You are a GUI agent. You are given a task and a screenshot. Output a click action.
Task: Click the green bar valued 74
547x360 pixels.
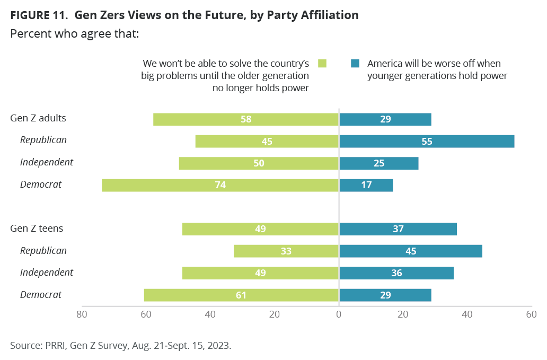(220, 185)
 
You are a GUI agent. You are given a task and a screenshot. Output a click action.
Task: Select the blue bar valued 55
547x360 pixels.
(427, 141)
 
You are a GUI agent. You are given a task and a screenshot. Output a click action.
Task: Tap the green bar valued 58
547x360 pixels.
(245, 119)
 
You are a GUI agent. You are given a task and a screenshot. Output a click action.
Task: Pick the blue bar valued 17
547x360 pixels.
(366, 185)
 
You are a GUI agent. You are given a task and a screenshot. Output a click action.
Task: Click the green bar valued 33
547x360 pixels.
(286, 251)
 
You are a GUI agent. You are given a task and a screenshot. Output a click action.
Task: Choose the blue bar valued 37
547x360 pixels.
(398, 229)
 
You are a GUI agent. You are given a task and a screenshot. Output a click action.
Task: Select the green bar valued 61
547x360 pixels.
(241, 295)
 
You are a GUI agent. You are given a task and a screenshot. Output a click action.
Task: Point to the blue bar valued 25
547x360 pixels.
(378, 163)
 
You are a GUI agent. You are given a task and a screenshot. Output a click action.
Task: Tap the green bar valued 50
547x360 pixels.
(259, 163)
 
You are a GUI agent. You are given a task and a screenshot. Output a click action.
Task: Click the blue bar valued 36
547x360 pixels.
(396, 273)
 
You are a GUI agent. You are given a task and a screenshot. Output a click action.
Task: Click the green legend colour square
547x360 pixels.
(322, 64)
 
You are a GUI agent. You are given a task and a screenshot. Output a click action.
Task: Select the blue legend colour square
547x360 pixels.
(355, 64)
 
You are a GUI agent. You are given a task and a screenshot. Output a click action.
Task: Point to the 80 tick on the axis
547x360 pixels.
(82, 314)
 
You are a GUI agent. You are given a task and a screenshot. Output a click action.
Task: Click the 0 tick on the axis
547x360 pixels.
(339, 314)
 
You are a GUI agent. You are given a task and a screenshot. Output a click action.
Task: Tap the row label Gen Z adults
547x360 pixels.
(38, 118)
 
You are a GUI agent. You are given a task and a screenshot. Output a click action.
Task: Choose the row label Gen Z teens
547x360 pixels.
(37, 229)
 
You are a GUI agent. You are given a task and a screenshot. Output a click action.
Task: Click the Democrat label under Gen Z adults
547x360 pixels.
(41, 185)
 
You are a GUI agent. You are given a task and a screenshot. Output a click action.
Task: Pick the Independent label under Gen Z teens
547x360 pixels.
(47, 273)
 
